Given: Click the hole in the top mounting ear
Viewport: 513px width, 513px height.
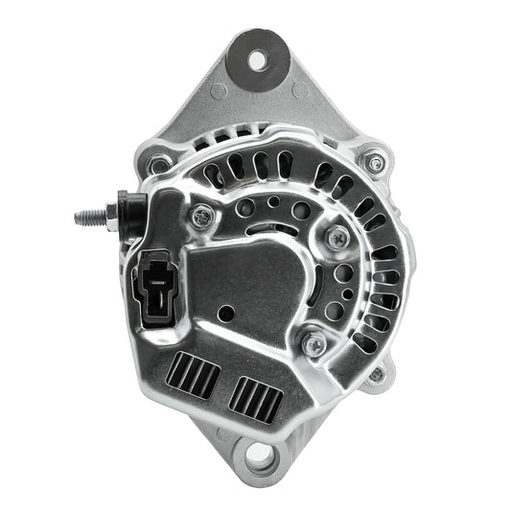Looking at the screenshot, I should click(x=257, y=59).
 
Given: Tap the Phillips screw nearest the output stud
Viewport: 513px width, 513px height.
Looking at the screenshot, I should click(x=200, y=216).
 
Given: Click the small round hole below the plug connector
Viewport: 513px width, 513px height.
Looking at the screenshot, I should click(x=223, y=314).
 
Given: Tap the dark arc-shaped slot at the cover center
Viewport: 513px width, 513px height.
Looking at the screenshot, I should click(x=277, y=230).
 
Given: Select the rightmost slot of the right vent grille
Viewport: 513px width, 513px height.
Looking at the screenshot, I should click(x=274, y=402).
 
